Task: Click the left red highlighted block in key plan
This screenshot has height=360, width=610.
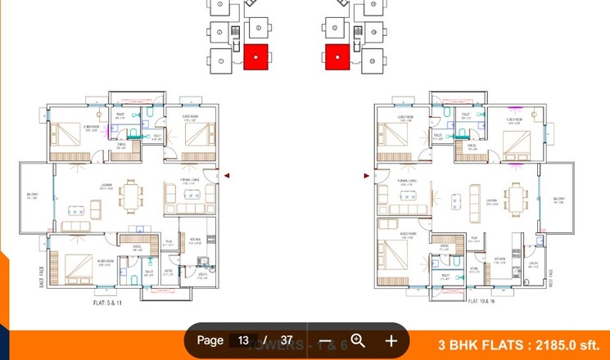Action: tap(256, 57)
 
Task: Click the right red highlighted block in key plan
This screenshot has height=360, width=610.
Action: tap(337, 57)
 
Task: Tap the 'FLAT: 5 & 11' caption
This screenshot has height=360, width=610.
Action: tap(108, 302)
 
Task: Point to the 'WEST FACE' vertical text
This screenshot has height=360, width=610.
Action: tap(551, 278)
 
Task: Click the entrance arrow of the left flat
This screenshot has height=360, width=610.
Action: tap(227, 175)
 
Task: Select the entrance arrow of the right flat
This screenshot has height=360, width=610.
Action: tap(366, 175)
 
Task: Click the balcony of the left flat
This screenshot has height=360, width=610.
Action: tap(35, 196)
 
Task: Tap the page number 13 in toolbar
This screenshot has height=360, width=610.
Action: tap(243, 340)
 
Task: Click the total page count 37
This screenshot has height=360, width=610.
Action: tap(286, 340)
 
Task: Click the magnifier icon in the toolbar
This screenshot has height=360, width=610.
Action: tap(358, 340)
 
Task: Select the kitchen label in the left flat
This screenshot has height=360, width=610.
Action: tap(195, 240)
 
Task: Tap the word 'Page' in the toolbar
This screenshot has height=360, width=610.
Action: tap(210, 340)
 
